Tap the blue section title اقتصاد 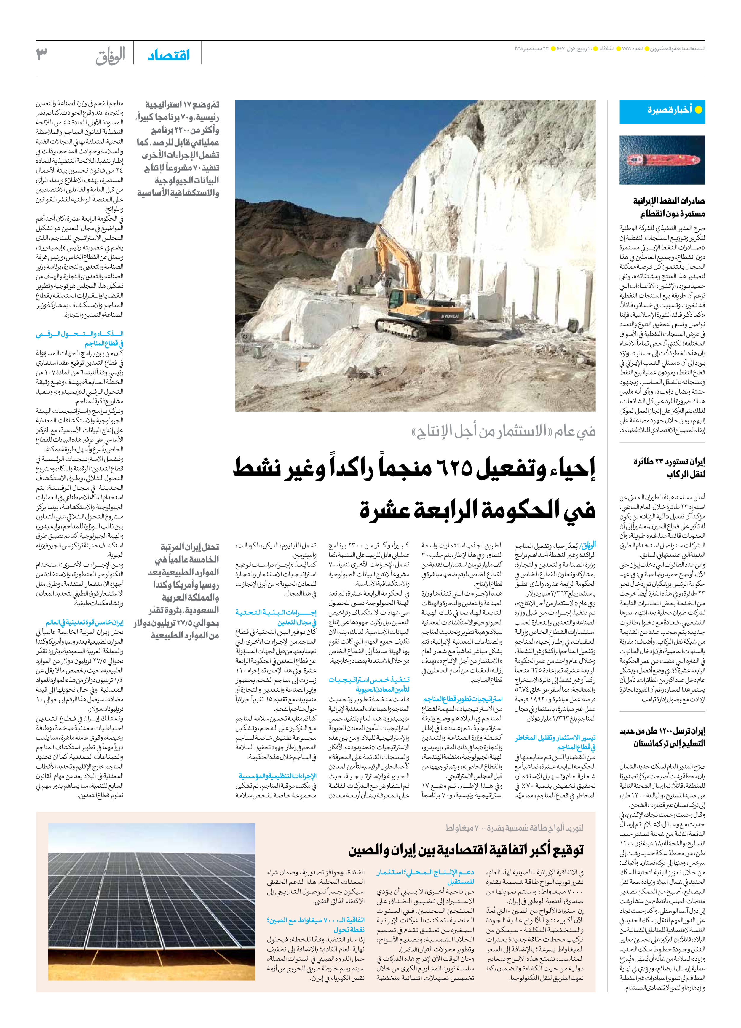click(x=169, y=55)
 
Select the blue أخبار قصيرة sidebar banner click(x=662, y=110)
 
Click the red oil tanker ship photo click(x=662, y=160)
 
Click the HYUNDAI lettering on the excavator click(x=450, y=316)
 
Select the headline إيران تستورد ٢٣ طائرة click(x=669, y=462)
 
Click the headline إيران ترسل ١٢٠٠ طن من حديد click(x=662, y=731)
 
